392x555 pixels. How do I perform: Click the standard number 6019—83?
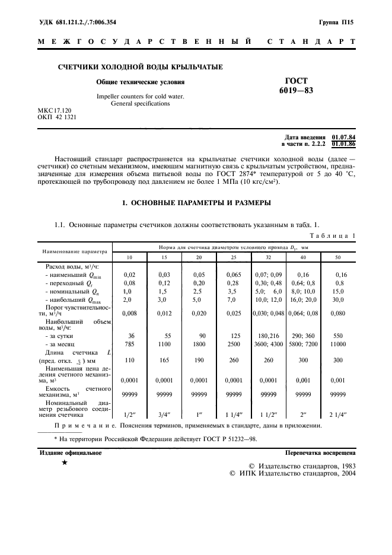pos(297,91)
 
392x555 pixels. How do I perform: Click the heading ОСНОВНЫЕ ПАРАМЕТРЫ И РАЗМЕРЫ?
pos(196,203)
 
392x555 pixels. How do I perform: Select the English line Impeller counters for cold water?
pos(140,96)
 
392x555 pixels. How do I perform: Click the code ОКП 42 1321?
pos(58,117)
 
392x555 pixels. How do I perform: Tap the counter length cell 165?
pos(164,360)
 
